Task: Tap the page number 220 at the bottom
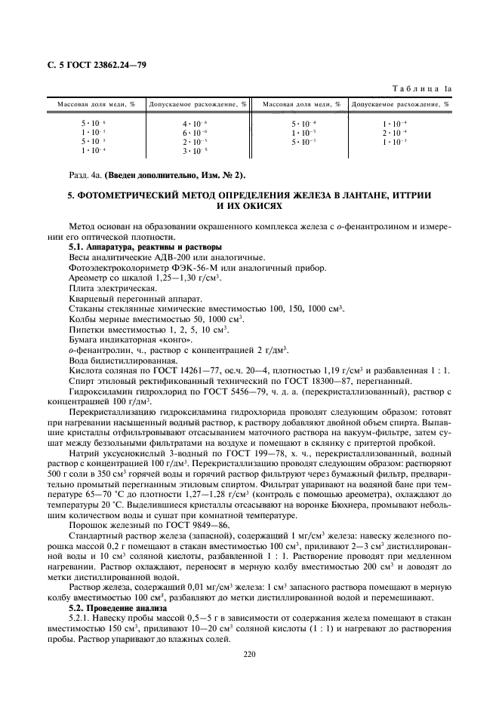click(250, 654)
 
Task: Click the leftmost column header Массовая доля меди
click(91, 104)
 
